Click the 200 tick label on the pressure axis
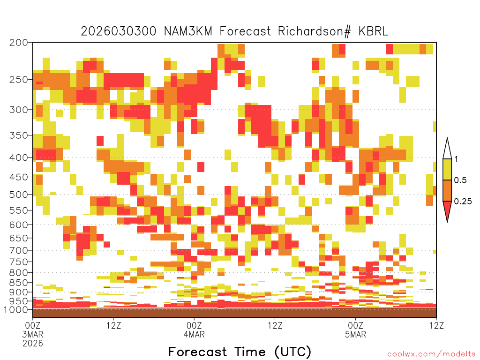coord(19,43)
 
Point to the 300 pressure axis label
coord(19,110)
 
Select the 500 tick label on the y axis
coord(19,195)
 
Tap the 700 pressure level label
coord(19,250)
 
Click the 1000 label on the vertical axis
coord(16,309)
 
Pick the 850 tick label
coord(19,283)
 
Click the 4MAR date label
coord(194,334)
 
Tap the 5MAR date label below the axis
coord(355,334)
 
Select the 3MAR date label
coord(33,334)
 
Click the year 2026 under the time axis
coord(33,343)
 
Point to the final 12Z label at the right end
coord(436,325)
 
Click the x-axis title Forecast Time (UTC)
coord(240,352)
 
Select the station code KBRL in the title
coord(373,31)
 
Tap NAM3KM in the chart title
coord(188,31)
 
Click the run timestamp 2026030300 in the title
coord(119,31)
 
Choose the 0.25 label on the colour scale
coord(463,201)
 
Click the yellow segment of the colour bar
coord(447,169)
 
